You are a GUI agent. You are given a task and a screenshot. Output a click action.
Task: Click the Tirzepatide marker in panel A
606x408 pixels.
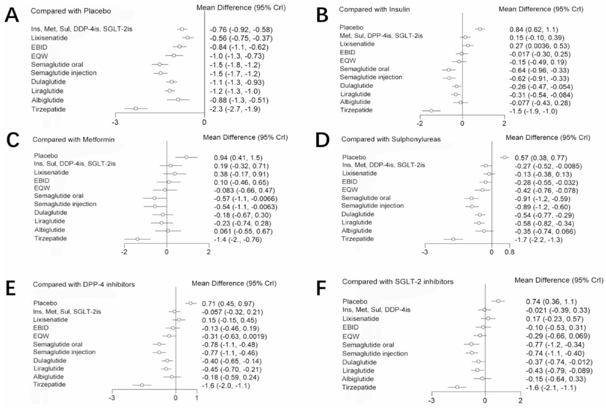[135, 108]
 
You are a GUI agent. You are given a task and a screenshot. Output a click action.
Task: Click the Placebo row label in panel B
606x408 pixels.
[351, 27]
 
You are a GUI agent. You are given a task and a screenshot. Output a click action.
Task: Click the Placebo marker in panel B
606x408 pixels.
[480, 29]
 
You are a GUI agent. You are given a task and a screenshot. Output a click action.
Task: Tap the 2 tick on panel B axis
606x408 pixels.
[504, 122]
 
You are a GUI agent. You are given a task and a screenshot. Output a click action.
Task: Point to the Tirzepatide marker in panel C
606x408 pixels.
[137, 239]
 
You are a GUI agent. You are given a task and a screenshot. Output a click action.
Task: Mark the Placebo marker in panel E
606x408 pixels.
[190, 303]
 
